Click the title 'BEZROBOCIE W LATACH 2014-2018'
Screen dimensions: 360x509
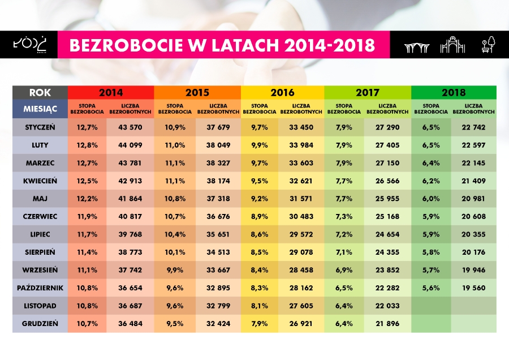(222, 45)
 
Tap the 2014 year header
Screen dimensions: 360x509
(111, 92)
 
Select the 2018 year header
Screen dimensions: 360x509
(454, 92)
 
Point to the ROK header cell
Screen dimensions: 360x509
(40, 92)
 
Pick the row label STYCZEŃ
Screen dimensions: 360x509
(40, 127)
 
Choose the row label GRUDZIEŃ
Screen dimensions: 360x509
(40, 324)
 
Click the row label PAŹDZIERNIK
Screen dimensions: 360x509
(40, 288)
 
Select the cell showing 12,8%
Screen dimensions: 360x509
(87, 145)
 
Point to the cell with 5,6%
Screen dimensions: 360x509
(432, 288)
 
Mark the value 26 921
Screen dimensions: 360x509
(301, 324)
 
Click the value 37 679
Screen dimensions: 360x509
(218, 127)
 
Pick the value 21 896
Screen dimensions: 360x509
(387, 324)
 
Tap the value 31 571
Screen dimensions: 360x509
(301, 200)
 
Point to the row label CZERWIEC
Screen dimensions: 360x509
(40, 218)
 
